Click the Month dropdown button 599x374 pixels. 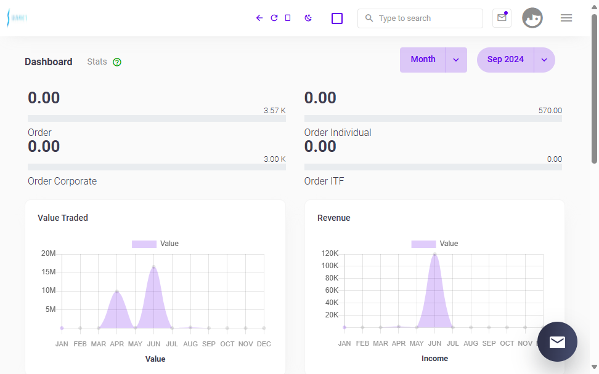(433, 60)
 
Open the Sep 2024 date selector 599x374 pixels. (516, 60)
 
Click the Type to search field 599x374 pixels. (420, 18)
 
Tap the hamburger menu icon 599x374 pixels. (566, 18)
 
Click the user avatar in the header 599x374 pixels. (532, 18)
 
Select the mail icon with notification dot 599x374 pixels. (502, 18)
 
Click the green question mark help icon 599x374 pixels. (117, 62)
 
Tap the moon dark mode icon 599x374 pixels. (308, 18)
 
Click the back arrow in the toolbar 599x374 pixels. (259, 18)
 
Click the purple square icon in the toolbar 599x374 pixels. (337, 18)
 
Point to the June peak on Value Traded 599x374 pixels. (153, 267)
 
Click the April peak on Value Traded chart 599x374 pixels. (117, 292)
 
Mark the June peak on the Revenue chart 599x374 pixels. (434, 254)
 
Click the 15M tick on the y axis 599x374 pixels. (49, 272)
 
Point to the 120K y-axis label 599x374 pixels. (330, 253)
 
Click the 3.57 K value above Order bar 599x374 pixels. (275, 111)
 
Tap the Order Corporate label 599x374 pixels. (62, 181)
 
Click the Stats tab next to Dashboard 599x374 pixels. (97, 62)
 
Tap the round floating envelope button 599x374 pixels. (557, 341)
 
